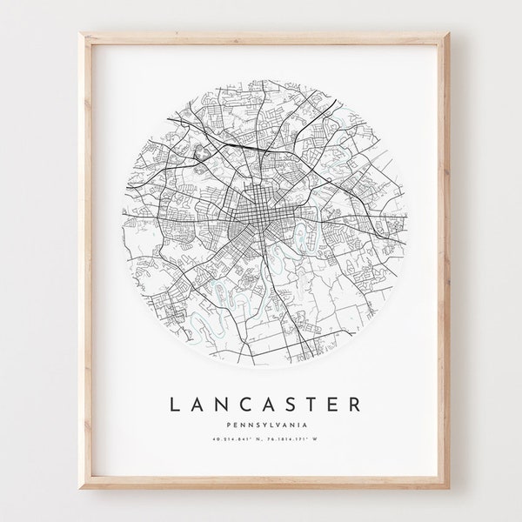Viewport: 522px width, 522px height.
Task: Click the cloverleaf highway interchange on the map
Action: point(203,151)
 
